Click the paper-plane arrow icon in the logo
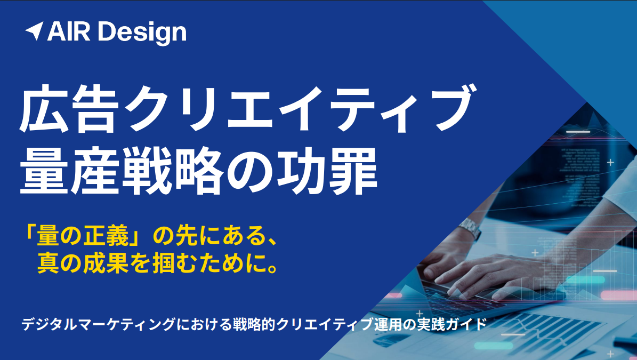(35, 31)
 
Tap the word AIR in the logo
(69, 31)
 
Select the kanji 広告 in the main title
(69, 108)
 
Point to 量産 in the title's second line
(69, 171)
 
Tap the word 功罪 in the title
(327, 171)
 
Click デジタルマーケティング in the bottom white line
(100, 325)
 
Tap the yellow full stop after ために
(273, 268)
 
